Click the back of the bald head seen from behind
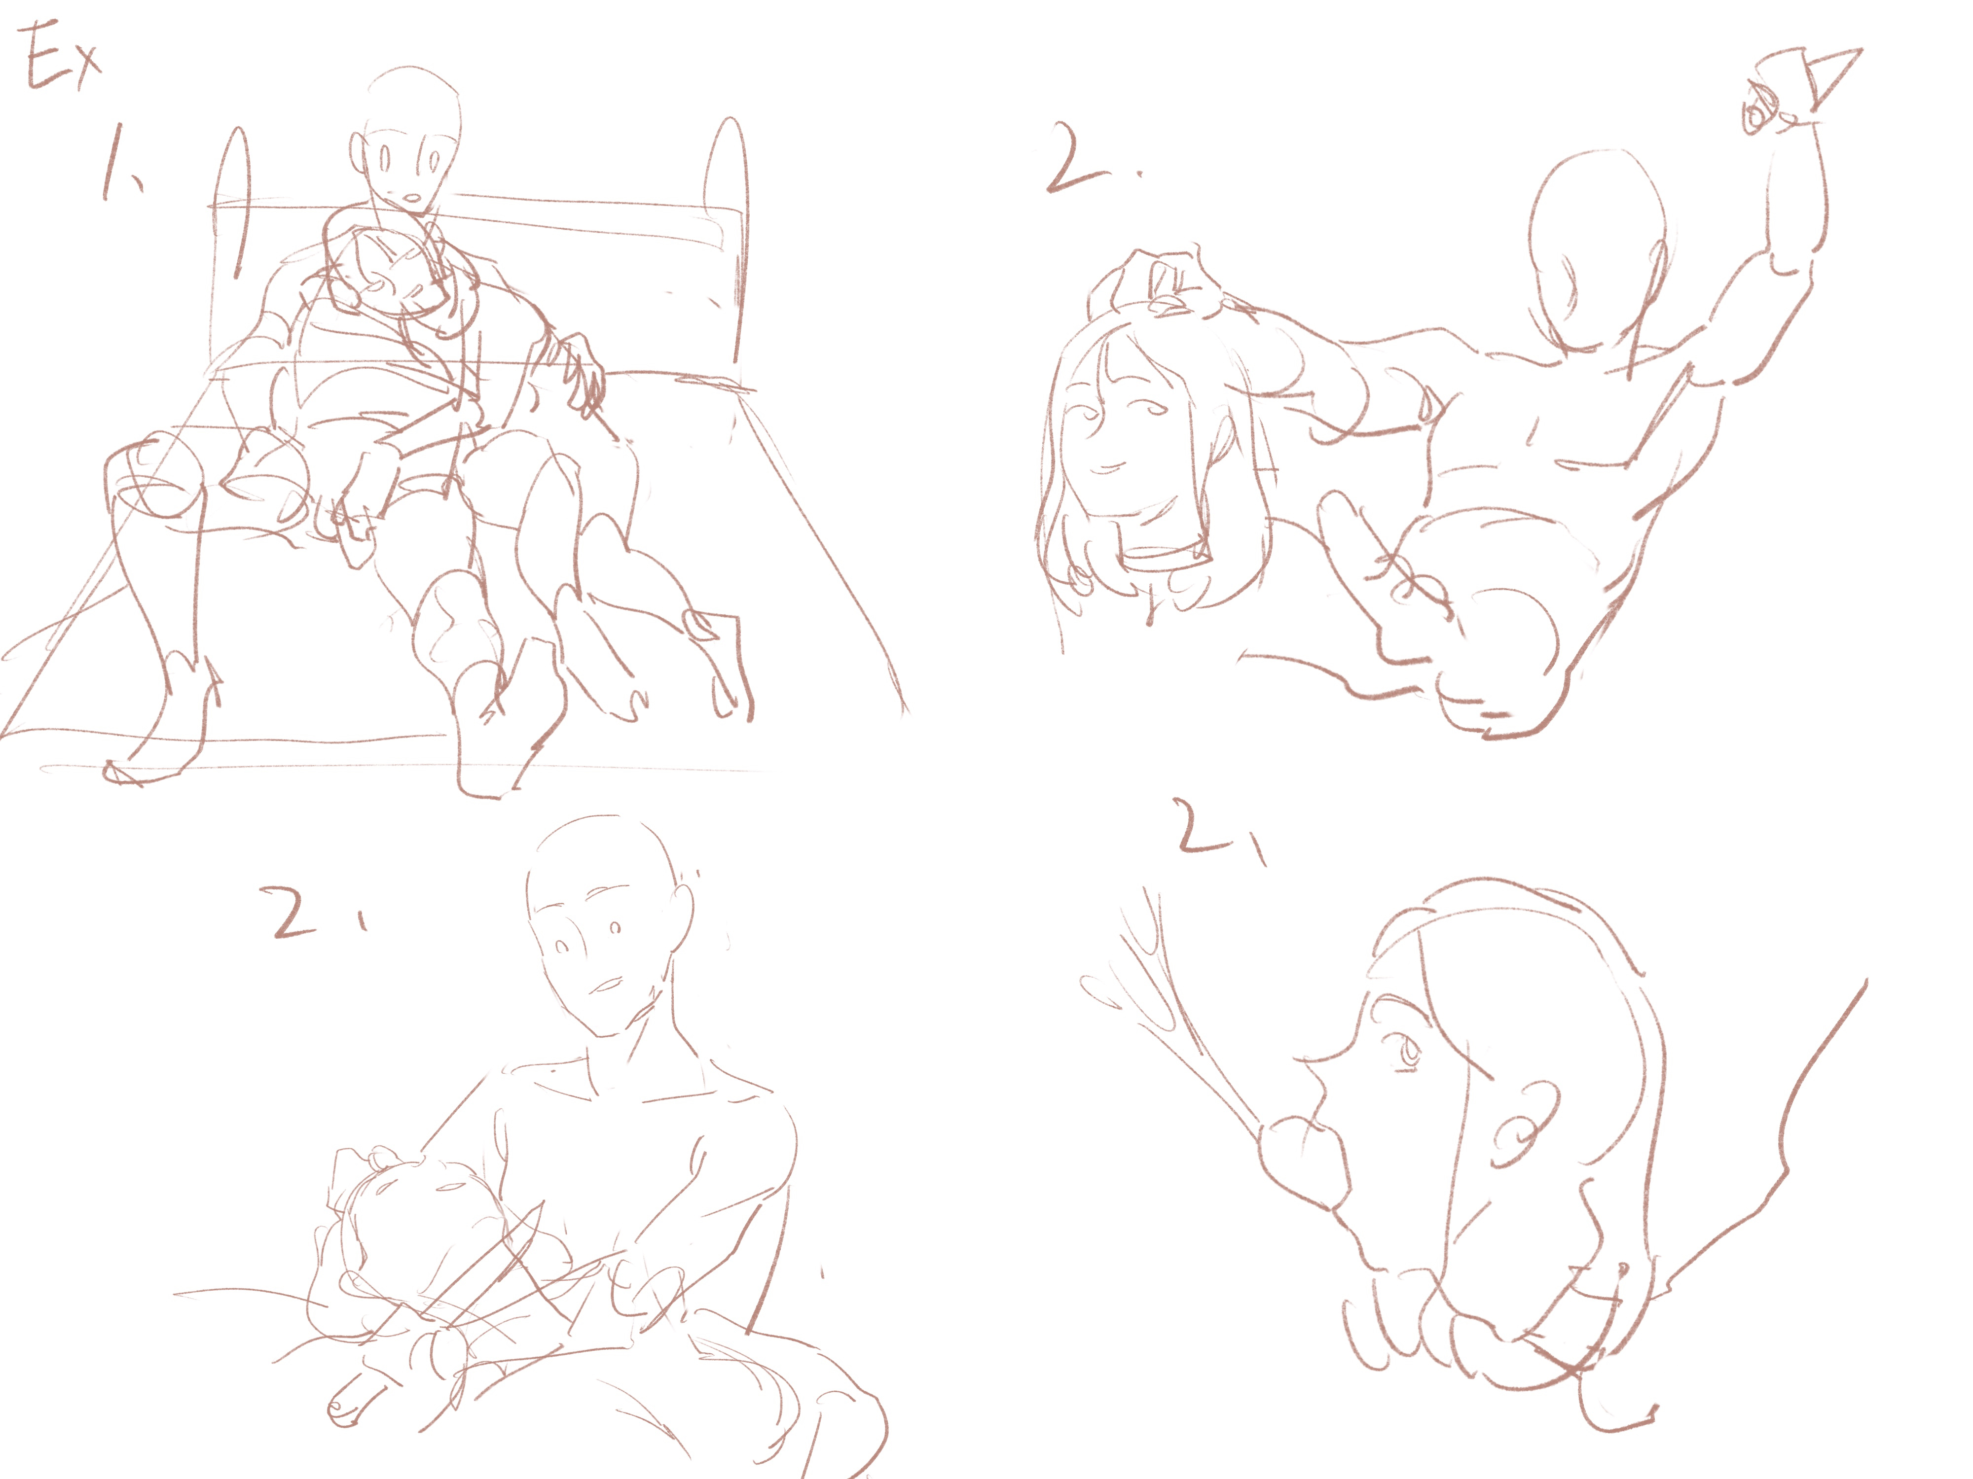1597,249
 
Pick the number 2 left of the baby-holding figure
294,911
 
